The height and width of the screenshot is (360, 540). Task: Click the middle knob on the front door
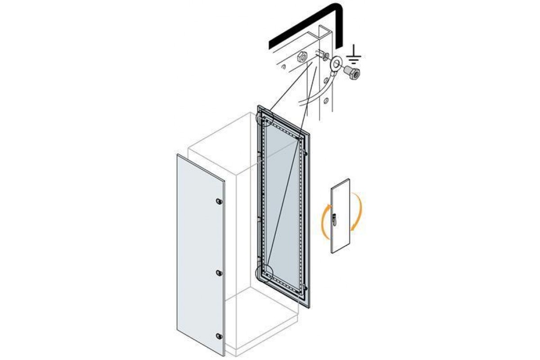pos(219,273)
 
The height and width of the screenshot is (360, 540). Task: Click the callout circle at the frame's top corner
pos(264,118)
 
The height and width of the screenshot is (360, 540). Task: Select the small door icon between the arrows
pos(340,216)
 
